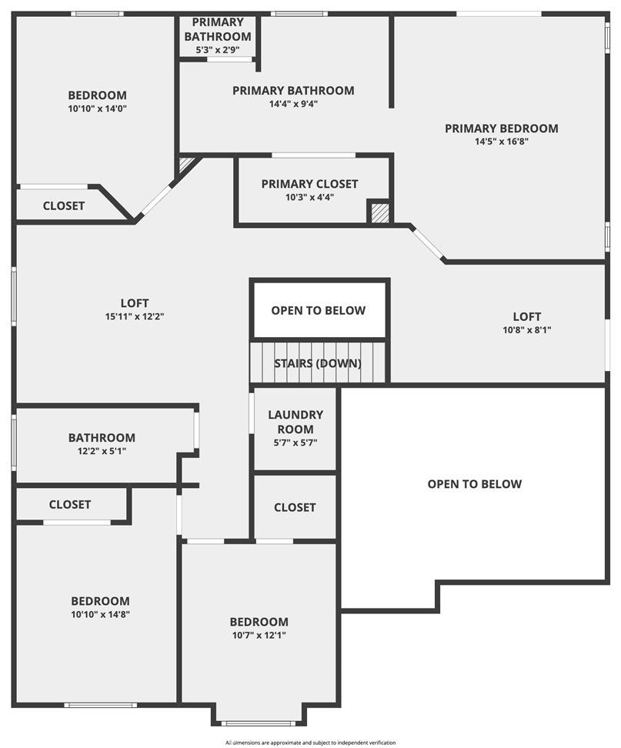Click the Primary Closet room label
click(309, 184)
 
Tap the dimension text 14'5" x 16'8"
click(501, 141)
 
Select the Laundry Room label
click(295, 422)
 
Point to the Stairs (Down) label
click(318, 363)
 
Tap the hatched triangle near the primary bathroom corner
click(186, 165)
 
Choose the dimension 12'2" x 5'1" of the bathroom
click(102, 451)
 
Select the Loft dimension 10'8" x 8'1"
click(527, 329)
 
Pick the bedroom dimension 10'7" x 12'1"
click(259, 635)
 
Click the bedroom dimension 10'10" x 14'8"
click(100, 614)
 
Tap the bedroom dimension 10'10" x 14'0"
click(97, 109)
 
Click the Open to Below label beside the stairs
click(318, 311)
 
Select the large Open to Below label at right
click(475, 484)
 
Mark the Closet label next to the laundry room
click(295, 508)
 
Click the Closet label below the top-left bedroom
click(63, 206)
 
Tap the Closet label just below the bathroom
click(69, 505)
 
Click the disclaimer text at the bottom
click(311, 743)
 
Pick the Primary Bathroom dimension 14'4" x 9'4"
click(293, 104)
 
